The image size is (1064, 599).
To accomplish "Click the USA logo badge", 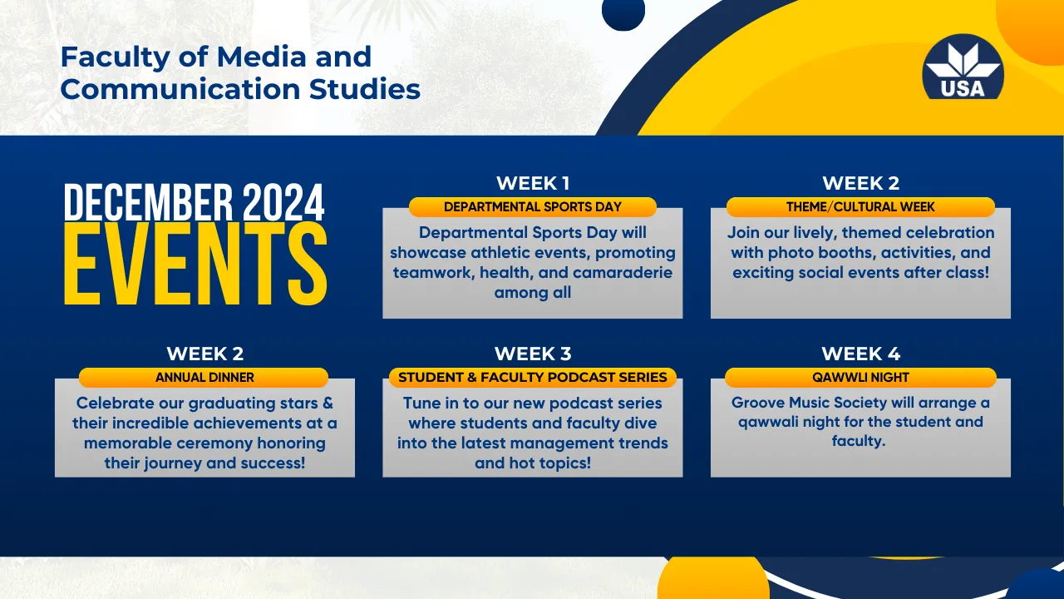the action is point(963,67).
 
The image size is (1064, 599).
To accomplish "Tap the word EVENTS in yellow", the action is point(195,264).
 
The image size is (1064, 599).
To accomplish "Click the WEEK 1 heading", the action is point(533,183).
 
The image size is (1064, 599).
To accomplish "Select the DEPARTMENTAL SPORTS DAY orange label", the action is point(533,207).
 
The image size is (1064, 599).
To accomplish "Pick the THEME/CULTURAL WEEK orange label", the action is point(860,207).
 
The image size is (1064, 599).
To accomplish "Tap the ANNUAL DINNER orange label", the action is point(204,378).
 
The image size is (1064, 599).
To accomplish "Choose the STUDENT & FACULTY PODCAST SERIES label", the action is point(533,378).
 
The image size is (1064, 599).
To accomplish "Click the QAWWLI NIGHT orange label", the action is point(860,378).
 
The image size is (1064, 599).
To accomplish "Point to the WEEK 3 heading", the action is point(533,354).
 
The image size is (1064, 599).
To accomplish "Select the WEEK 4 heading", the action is point(860,354).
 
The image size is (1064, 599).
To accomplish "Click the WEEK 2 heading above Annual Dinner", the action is point(204,354).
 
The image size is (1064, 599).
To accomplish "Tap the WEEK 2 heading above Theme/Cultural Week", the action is point(860,183).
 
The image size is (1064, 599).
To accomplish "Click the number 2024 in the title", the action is point(283,202).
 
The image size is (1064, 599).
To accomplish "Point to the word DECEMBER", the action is point(148,202).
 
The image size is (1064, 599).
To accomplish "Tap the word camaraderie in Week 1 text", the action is point(623,272).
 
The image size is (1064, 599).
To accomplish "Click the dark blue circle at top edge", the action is point(623,12).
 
